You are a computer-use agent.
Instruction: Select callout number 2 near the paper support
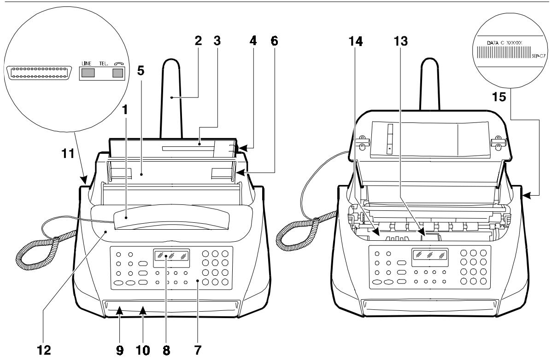click(199, 41)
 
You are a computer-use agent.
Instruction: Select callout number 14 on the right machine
click(355, 41)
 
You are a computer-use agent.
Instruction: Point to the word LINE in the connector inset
click(87, 62)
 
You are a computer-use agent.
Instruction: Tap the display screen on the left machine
click(170, 256)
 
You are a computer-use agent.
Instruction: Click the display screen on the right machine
click(430, 255)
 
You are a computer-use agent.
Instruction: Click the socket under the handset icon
click(118, 72)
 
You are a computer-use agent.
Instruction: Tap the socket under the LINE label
click(87, 72)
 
